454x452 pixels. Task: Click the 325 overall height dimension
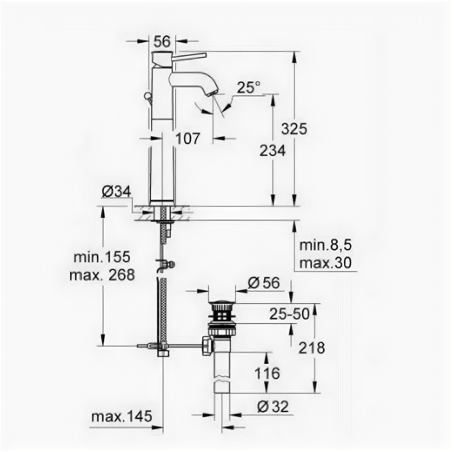[x=294, y=128]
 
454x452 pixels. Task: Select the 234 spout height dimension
[x=273, y=150]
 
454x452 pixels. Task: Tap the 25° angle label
[x=248, y=88]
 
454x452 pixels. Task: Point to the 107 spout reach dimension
[x=188, y=138]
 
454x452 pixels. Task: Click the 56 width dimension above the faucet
[x=162, y=41]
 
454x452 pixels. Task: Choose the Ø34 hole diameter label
[x=116, y=191]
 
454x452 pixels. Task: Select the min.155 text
[x=102, y=257]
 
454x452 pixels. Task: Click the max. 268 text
[x=102, y=275]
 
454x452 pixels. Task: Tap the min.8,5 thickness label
[x=326, y=245]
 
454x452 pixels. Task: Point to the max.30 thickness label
[x=326, y=263]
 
